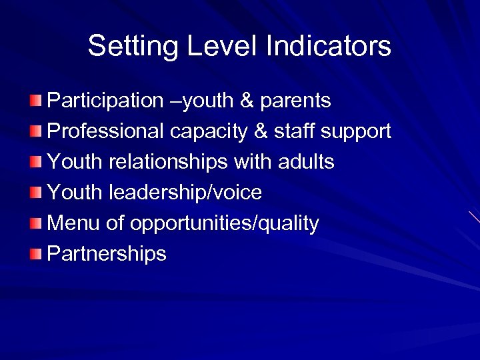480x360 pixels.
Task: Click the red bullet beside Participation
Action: pos(36,101)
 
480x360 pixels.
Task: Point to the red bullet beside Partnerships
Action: pos(36,253)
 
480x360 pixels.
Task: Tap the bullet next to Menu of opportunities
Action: pos(36,223)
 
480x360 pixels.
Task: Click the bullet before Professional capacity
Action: pos(36,131)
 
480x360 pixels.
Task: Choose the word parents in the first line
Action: pos(295,101)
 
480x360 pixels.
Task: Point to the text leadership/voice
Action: pos(185,193)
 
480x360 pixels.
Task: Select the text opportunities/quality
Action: pos(225,223)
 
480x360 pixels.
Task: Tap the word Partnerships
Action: pos(107,253)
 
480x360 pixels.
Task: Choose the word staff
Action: pos(294,131)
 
